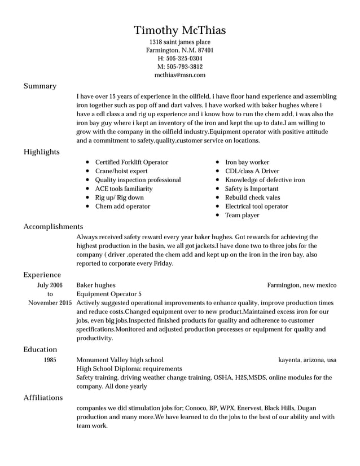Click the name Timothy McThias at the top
point(179,30)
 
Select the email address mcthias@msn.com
point(179,74)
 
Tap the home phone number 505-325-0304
point(179,58)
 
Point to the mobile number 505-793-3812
point(179,67)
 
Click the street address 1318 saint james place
point(179,42)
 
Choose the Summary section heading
point(39,86)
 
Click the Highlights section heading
point(41,152)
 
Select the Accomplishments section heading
point(53,226)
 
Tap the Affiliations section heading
point(43,398)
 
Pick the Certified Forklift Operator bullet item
point(131,162)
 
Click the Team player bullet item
point(242,215)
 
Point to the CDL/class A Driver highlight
point(252,171)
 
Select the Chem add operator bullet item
point(122,206)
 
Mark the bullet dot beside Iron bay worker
point(218,162)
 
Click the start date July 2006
point(50,285)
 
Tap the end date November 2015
point(50,303)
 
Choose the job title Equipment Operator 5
point(109,294)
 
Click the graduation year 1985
point(50,359)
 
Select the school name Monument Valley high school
point(120,359)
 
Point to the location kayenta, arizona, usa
point(307,359)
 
